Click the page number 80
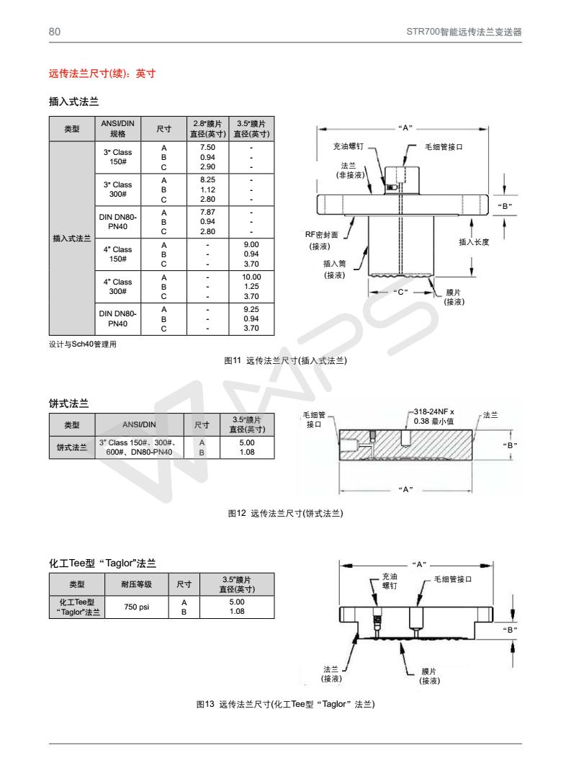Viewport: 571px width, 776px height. click(54, 31)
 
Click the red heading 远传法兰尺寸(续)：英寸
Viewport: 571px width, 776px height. click(102, 74)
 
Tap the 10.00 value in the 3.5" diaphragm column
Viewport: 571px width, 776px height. click(251, 277)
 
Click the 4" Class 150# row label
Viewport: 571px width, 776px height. click(116, 254)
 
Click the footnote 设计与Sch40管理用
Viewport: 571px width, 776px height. click(83, 344)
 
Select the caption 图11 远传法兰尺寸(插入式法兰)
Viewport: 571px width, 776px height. click(286, 360)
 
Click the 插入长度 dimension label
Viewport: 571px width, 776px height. click(475, 242)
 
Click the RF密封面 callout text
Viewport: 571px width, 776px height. click(322, 234)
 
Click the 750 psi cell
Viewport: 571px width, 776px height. click(136, 607)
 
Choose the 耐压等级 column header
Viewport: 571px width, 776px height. click(136, 584)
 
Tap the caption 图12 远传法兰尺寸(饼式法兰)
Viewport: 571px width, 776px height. click(285, 514)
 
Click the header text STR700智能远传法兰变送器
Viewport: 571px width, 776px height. click(464, 31)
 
